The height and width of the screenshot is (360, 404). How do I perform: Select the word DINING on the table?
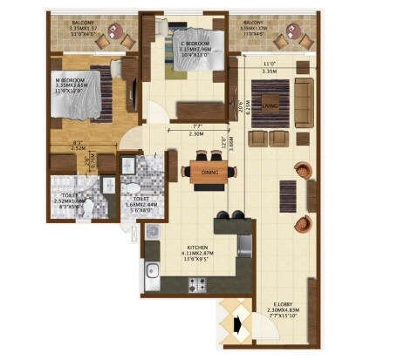click(209, 172)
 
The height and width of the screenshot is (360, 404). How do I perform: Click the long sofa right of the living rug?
click(305, 98)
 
